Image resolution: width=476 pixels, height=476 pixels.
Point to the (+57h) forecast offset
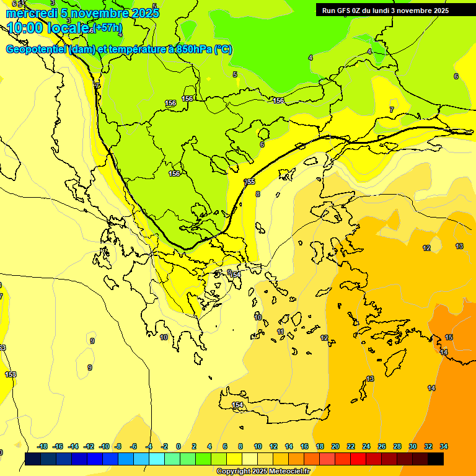[x=107, y=29]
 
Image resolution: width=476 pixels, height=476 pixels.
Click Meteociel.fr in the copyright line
[x=286, y=472]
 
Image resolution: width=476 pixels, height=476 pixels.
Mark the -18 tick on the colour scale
[x=42, y=446]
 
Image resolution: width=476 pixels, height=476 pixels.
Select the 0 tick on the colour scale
[x=178, y=446]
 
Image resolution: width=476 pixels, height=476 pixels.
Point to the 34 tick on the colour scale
[x=444, y=446]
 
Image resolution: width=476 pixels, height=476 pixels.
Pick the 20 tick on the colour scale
[x=335, y=446]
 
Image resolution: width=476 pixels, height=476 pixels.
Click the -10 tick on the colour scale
[x=104, y=446]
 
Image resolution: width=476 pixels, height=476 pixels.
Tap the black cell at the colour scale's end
[x=436, y=459]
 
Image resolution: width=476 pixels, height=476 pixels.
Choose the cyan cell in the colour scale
[x=156, y=459]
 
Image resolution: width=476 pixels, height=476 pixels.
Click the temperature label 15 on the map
[x=449, y=337]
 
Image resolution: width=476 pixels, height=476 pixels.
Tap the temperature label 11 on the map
[x=280, y=332]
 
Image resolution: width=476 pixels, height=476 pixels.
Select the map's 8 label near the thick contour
[x=258, y=194]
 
